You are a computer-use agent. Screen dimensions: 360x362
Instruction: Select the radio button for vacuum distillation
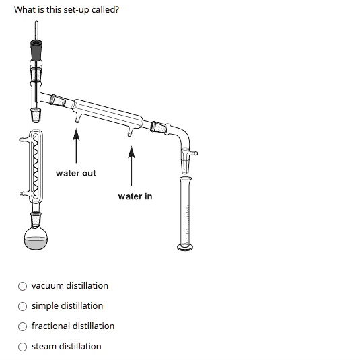[23, 286]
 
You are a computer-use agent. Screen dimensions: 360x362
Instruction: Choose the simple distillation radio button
[23, 306]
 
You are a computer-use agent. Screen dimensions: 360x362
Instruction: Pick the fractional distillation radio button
[23, 326]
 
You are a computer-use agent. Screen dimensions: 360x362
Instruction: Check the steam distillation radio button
[23, 347]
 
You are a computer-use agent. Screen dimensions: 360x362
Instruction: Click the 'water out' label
[75, 174]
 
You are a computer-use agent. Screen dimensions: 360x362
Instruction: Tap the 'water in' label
[135, 196]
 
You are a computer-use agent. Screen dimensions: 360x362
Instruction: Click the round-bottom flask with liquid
[36, 242]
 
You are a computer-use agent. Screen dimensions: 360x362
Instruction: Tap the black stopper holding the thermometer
[36, 50]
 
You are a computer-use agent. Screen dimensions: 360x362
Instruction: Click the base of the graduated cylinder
[186, 247]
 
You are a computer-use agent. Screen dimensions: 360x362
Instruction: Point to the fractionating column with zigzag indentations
[36, 165]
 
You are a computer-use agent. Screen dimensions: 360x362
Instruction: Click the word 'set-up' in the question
[69, 10]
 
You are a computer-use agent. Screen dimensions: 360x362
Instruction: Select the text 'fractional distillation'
[73, 326]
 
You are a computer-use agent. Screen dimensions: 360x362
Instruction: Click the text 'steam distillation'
[66, 347]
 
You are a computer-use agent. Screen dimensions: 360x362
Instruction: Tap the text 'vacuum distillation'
[69, 286]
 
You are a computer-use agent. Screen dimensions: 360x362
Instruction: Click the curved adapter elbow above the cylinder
[182, 135]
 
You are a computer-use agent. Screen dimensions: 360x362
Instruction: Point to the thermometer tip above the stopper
[36, 27]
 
